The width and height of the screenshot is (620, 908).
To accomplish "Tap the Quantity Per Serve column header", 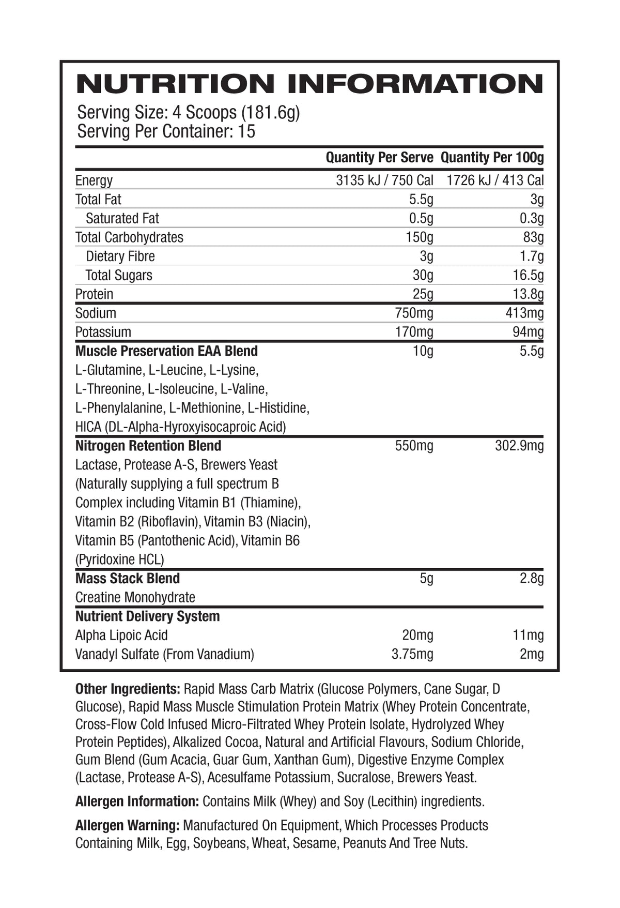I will coord(379,158).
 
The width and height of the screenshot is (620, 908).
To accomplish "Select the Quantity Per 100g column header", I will coord(492,158).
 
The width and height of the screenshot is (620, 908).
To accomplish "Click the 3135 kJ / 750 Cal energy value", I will coord(384,180).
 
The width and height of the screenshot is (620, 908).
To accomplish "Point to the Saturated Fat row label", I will coord(122,218).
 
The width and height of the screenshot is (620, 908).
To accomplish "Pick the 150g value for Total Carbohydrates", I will coord(420,237).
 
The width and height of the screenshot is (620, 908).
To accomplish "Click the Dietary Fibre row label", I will coord(120,256).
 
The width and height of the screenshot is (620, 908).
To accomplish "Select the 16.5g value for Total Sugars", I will coord(528,275).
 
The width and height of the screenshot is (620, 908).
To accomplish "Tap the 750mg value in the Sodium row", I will coord(414,313).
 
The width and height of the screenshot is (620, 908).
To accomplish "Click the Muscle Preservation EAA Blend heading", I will coord(166,351).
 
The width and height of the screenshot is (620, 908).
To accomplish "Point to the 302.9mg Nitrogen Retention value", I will coord(519,446).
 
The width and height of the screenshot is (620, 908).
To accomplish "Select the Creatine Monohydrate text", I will coord(135,598).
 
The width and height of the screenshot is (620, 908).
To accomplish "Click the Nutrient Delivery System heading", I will coord(147,616).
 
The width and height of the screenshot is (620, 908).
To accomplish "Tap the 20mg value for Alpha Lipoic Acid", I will coord(417,635).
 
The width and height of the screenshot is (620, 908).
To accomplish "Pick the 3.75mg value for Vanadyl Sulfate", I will coord(412,655).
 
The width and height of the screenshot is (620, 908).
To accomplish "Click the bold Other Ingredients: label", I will coord(128,689).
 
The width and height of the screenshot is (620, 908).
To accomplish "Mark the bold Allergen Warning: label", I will coord(127,825).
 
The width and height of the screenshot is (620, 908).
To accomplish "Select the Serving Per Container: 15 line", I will coord(166,131).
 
